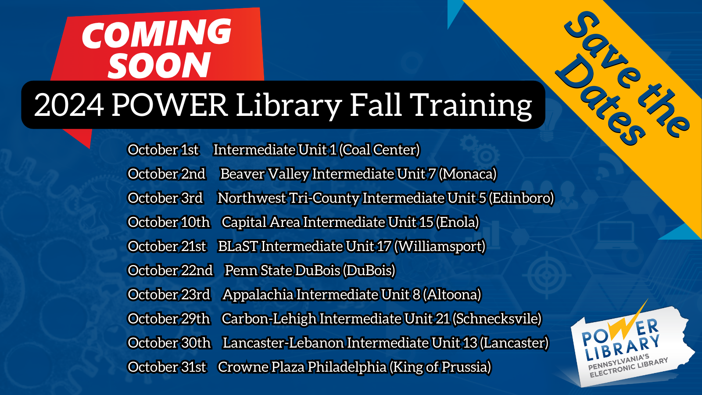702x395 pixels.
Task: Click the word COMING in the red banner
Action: click(x=157, y=34)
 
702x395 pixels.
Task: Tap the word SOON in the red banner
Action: click(x=159, y=66)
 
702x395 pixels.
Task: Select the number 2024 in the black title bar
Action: click(x=69, y=105)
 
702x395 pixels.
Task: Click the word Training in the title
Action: click(x=472, y=105)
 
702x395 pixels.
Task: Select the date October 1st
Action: click(x=163, y=150)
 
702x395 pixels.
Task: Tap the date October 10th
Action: click(x=169, y=223)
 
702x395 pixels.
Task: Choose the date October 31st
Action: click(x=167, y=367)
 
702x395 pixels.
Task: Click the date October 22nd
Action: click(x=170, y=271)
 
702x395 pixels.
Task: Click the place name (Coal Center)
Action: click(x=380, y=150)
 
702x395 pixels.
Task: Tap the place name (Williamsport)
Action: click(x=440, y=247)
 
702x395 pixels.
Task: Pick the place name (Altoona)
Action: click(x=452, y=295)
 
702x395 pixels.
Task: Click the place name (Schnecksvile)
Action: click(x=497, y=319)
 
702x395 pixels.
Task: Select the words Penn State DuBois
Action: click(x=282, y=271)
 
